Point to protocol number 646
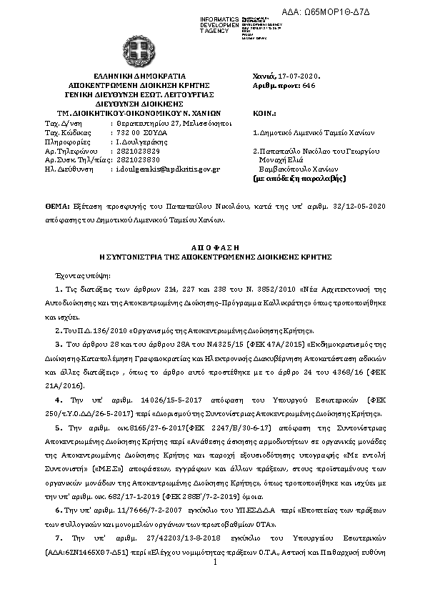pyautogui.click(x=309, y=84)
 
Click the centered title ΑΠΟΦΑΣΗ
pyautogui.click(x=211, y=245)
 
